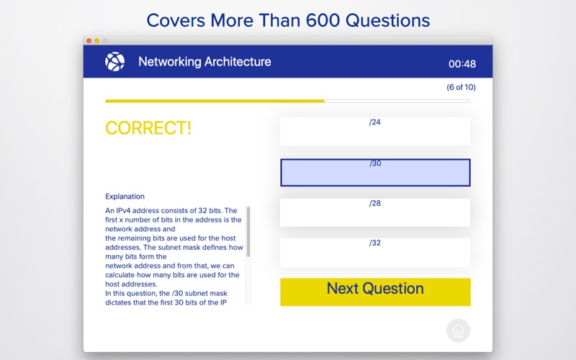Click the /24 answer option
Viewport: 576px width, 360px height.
click(x=374, y=132)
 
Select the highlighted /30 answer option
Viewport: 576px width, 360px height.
click(x=375, y=173)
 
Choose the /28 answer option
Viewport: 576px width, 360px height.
click(x=374, y=212)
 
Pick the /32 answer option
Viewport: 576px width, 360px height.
click(x=374, y=253)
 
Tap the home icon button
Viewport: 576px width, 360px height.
click(x=458, y=330)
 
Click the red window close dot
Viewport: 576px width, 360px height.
click(x=89, y=41)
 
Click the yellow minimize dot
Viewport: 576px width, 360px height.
click(x=97, y=41)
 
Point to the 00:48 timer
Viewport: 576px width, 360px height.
click(x=462, y=64)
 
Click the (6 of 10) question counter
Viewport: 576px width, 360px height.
click(x=461, y=87)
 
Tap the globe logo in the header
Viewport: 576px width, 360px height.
click(x=115, y=61)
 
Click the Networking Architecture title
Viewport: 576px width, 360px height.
click(x=204, y=62)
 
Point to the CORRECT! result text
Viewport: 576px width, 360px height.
click(x=148, y=128)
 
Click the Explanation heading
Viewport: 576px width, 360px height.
click(x=125, y=197)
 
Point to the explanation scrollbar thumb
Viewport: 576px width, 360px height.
click(x=248, y=231)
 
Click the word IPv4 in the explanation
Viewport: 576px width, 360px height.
click(x=123, y=210)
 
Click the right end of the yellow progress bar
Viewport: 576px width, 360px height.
click(x=324, y=101)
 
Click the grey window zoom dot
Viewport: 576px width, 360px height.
click(x=105, y=41)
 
